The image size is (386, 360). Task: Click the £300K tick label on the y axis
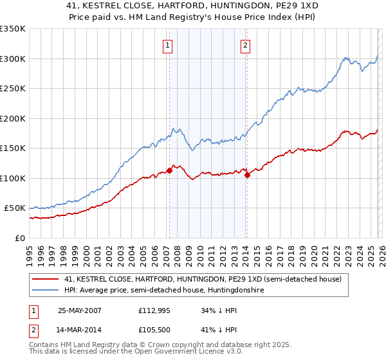(13, 59)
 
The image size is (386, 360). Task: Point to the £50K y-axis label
(15, 208)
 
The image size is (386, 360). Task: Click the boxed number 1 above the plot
(167, 45)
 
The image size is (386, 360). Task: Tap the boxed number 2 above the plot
(246, 45)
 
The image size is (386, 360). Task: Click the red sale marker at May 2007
(170, 170)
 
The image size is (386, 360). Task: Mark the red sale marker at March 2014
(247, 175)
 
